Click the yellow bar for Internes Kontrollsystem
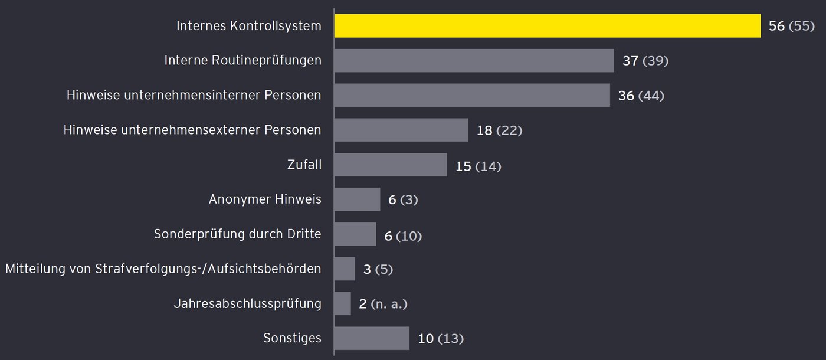547,26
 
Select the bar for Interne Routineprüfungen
474,61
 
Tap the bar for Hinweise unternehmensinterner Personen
472,96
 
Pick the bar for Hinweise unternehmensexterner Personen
401,130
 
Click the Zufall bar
390,165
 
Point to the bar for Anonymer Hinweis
357,199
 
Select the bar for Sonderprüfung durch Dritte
355,234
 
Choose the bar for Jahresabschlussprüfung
342,304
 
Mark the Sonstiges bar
371,339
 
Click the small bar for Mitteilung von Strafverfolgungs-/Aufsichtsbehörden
345,269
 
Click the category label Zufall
304,165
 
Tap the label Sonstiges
292,338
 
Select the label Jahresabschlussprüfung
247,304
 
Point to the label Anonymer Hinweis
265,199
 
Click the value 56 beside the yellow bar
776,26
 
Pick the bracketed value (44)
651,96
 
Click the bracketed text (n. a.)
389,304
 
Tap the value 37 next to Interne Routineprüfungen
630,61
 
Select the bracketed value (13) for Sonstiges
450,339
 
